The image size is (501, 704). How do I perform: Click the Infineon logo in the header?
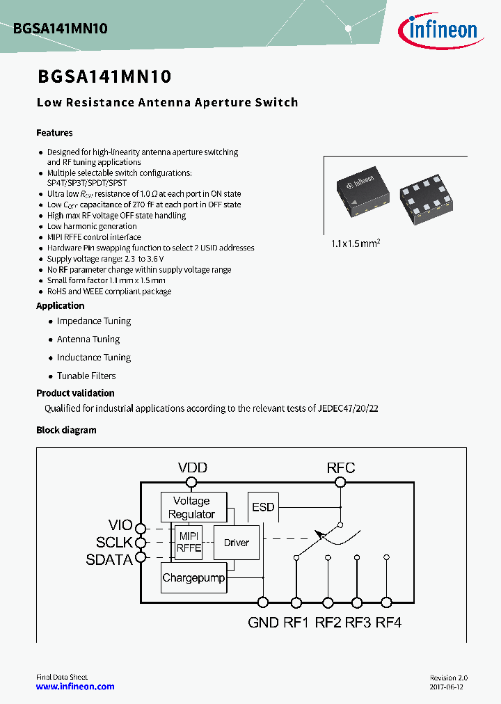[x=437, y=29]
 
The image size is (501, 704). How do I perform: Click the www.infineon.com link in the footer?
[x=75, y=687]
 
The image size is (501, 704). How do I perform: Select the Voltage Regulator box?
[x=191, y=507]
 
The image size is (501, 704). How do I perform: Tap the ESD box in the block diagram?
[x=263, y=507]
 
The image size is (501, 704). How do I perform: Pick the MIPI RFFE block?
[x=189, y=542]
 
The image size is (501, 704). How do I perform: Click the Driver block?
[x=236, y=543]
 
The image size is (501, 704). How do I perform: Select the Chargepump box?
[x=193, y=578]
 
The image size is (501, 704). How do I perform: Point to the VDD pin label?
[x=192, y=468]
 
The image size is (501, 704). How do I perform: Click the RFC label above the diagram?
[x=341, y=468]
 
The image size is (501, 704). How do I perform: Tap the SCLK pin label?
[x=114, y=543]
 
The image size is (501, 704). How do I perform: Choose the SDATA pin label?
[x=109, y=559]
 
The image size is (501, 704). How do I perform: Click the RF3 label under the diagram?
[x=357, y=623]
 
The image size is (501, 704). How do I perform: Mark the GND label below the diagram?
[x=263, y=623]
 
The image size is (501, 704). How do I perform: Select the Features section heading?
[x=54, y=133]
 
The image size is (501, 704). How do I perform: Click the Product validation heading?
[x=75, y=393]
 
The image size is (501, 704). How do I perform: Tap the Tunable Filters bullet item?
[x=86, y=376]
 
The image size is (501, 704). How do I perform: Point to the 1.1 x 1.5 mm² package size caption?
[x=356, y=244]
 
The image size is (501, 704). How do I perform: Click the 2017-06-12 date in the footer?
[x=446, y=687]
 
